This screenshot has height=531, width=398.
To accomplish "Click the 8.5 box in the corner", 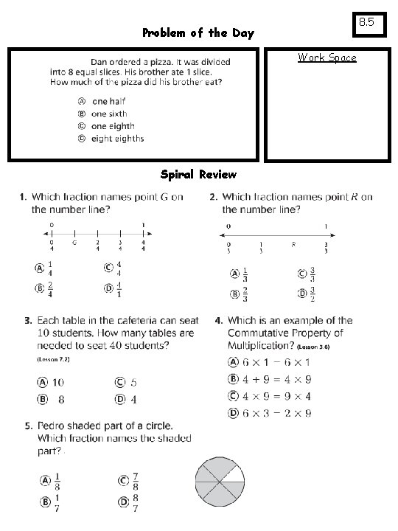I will (366, 24).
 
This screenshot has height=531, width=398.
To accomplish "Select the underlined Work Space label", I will (327, 58).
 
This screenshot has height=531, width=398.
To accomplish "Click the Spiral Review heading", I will (198, 175).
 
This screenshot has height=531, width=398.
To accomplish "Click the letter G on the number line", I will (74, 242).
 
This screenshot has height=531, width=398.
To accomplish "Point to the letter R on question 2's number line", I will (293, 243).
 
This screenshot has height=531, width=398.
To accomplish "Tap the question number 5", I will (28, 426).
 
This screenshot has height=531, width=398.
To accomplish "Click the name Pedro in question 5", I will (52, 426).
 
